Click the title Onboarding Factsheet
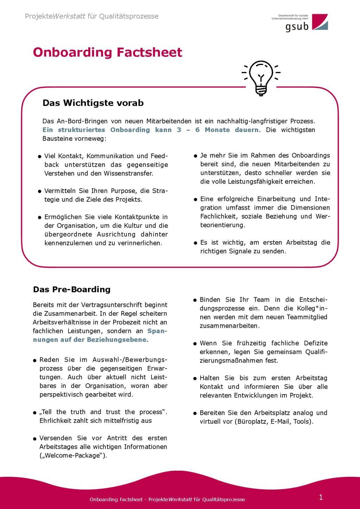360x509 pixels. point(107,52)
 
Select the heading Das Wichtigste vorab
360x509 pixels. point(93,103)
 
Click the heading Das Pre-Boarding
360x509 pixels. point(72,289)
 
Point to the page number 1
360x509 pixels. point(321,497)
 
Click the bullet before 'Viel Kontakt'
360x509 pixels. point(40,156)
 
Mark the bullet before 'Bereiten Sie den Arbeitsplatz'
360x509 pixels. point(195,413)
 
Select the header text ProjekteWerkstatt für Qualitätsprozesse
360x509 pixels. point(91,16)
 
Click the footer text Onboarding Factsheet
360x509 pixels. point(116,500)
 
